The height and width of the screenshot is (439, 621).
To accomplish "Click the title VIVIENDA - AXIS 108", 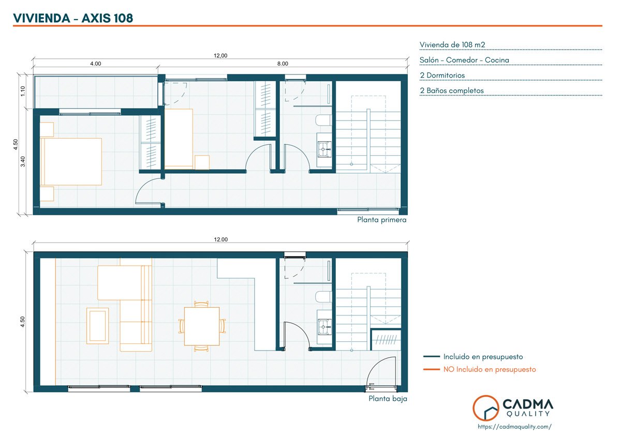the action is point(73,18).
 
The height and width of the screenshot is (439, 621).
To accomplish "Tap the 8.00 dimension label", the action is point(283,64).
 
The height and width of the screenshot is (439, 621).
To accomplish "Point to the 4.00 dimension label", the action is point(95,64).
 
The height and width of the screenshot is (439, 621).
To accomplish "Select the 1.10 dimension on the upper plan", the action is point(23,91).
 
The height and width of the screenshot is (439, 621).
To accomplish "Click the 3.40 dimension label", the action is point(23,161).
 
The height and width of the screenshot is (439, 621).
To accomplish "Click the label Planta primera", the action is point(381,220).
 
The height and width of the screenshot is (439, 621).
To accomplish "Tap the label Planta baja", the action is point(388,399).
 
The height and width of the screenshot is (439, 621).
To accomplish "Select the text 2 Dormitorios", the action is point(442,75).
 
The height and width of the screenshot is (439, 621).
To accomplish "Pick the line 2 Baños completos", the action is point(452,90).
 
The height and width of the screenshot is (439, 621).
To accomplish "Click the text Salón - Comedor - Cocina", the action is point(464,60).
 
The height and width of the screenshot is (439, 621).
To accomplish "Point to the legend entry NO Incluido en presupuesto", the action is point(490,369).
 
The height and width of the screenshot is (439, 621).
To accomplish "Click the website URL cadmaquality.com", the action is point(514,427).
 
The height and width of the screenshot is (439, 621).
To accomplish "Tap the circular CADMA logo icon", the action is point(486,407).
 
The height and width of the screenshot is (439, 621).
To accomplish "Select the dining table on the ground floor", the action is point(202,326).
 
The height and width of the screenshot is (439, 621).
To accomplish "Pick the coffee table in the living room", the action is point(98,326).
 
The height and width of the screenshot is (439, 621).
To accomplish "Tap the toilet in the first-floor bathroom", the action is point(323,120).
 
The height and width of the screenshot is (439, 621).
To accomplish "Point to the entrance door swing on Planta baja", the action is point(381,371).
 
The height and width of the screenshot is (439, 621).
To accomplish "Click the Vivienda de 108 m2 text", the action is point(452,45).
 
